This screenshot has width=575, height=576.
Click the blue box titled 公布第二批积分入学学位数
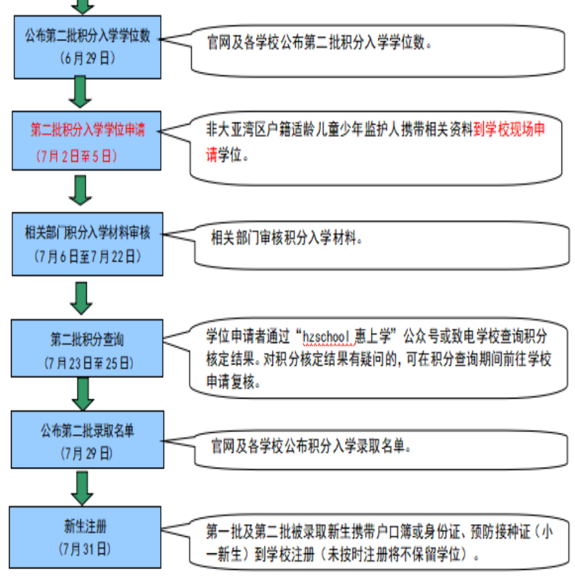(x=87, y=47)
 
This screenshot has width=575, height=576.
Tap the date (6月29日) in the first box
(x=88, y=58)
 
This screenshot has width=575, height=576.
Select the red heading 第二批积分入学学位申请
(x=88, y=130)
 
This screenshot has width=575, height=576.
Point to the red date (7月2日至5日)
(x=77, y=156)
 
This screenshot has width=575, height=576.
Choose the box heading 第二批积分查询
(x=87, y=340)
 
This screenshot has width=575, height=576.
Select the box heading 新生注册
(x=86, y=527)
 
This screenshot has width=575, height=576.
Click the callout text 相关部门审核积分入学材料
(x=286, y=238)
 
